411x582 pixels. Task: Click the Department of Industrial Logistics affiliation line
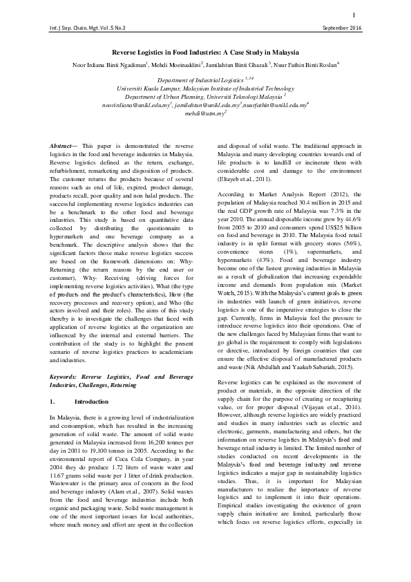click(x=204, y=81)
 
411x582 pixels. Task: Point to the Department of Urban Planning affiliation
click(x=204, y=97)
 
